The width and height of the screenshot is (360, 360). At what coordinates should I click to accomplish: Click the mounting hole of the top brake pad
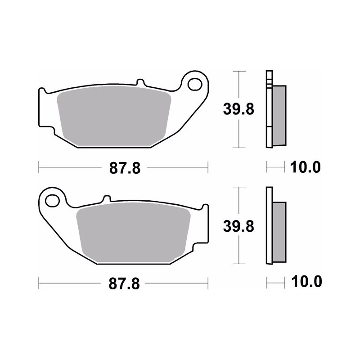pos(195,84)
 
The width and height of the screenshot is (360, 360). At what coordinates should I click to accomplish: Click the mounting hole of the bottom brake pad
pos(53,201)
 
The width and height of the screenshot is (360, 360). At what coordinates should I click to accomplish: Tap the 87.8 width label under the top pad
pos(125,168)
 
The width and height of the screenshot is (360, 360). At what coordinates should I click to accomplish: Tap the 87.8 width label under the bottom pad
pos(124,284)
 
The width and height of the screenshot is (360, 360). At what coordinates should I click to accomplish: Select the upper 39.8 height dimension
pos(238,109)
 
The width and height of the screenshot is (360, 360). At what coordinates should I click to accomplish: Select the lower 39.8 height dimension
pos(238,226)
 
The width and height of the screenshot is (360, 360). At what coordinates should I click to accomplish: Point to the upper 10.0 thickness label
pos(305,167)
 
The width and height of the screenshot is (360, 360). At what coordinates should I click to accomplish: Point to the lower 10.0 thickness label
pos(306,282)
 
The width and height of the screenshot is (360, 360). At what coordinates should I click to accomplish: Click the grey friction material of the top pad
pos(114,116)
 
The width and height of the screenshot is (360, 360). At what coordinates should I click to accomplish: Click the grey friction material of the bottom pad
pos(133,232)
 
